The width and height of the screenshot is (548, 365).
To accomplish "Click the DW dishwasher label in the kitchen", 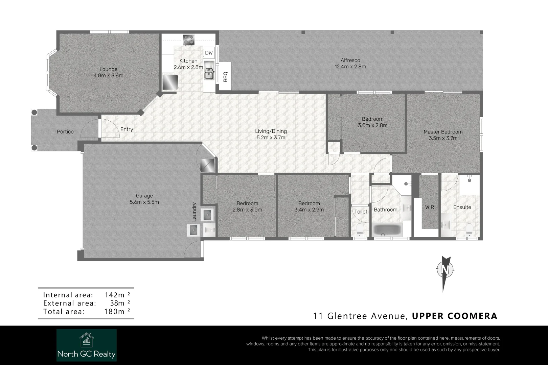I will (x=209, y=53).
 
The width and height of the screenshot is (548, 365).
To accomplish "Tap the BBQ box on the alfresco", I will (x=225, y=76).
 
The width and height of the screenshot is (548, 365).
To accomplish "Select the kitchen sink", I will (x=209, y=74).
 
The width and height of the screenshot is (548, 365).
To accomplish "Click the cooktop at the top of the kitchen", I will (x=188, y=40).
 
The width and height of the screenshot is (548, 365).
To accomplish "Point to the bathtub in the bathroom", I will (x=387, y=230).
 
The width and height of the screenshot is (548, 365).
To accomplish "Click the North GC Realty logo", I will (x=87, y=345).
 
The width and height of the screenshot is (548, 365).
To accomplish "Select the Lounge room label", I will (x=108, y=70).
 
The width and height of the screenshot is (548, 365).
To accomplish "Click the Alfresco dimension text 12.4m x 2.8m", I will (x=350, y=67).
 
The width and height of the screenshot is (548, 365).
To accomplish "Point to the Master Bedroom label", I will (x=443, y=132).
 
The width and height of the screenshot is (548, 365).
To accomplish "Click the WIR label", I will (x=429, y=207).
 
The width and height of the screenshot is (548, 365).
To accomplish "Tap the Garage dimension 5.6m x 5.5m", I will (x=144, y=202).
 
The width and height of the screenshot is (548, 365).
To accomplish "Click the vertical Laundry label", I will (x=194, y=212).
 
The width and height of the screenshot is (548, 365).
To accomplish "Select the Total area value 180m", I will (x=115, y=312).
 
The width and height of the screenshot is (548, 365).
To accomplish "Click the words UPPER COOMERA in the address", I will (x=454, y=316).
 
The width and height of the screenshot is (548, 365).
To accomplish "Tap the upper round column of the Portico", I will (x=34, y=112).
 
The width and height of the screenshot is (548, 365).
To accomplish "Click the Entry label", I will (x=127, y=129).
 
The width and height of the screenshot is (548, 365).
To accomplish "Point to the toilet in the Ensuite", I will (x=469, y=229).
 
